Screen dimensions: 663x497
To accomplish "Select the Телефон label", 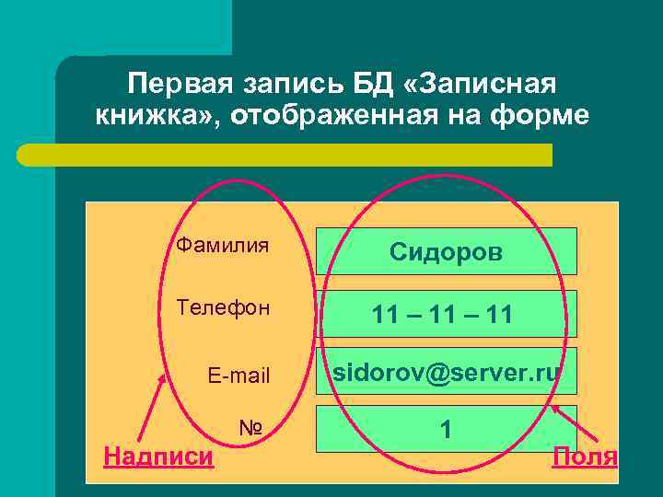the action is pyautogui.click(x=223, y=307).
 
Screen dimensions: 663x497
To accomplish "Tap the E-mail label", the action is pyautogui.click(x=238, y=375).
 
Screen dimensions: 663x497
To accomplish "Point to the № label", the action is pyautogui.click(x=251, y=428).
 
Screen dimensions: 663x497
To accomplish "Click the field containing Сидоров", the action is pyautogui.click(x=447, y=251).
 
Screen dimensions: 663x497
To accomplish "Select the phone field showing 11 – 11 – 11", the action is pyautogui.click(x=447, y=315).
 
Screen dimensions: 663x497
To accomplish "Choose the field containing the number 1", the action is pyautogui.click(x=447, y=428).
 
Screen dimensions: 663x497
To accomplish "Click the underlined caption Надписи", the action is pyautogui.click(x=158, y=456).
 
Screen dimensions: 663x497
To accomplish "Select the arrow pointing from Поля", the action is pyautogui.click(x=575, y=422).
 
